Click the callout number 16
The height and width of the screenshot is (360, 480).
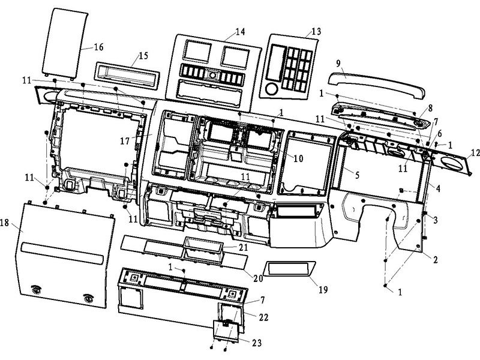98,46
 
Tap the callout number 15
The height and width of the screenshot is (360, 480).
142,56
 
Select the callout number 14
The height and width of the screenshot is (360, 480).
224,31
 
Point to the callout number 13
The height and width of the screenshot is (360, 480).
316,31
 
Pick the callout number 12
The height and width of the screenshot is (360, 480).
473,152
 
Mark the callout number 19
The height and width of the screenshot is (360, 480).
323,290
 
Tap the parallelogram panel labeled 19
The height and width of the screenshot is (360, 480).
290,268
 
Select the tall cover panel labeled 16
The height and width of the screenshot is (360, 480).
65,43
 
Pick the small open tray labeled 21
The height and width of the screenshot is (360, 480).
203,247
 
